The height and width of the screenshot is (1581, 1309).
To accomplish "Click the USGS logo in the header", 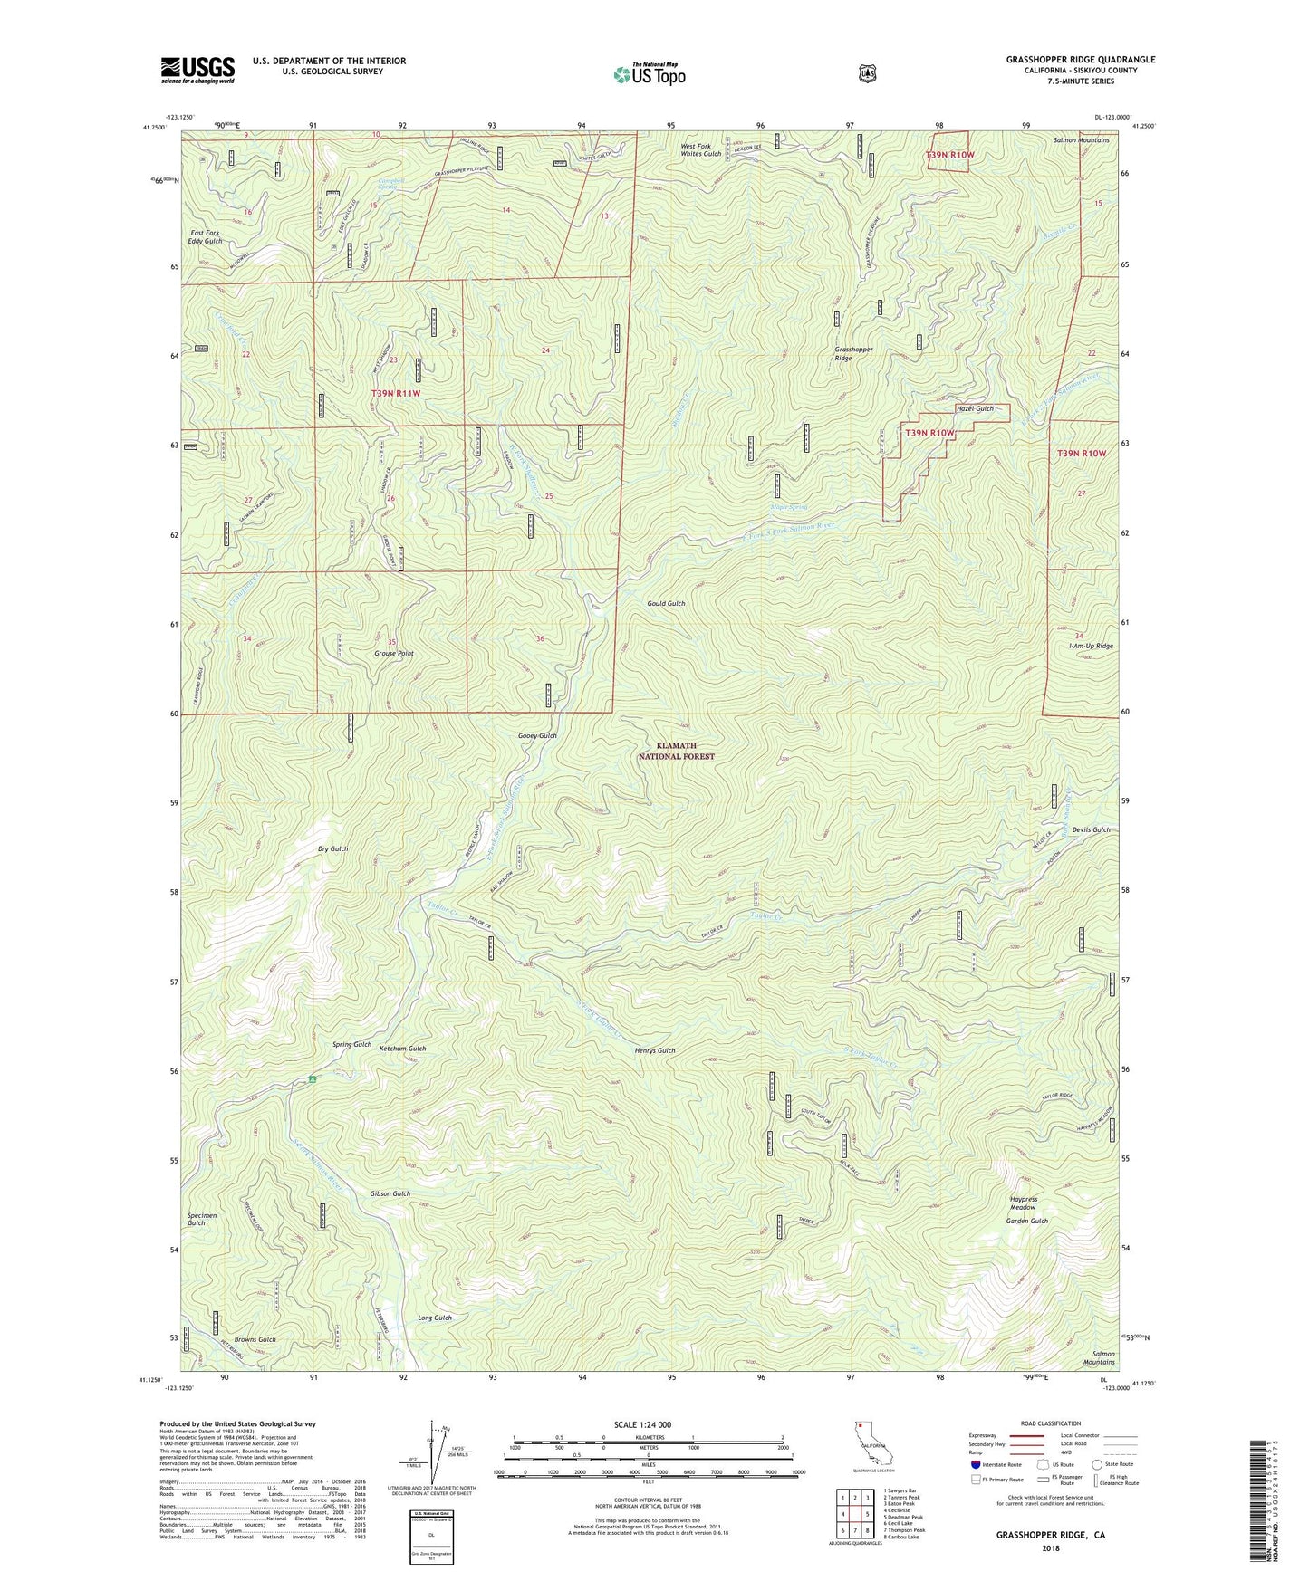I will point(197,70).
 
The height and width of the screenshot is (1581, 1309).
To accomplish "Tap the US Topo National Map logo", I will point(649,74).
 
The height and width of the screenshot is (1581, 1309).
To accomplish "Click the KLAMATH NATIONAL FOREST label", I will point(677,751).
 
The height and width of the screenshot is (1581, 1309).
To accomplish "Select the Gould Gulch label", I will point(666,603).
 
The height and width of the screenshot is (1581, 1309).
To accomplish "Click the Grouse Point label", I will point(394,653).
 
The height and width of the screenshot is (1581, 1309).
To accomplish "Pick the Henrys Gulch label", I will point(655,1051).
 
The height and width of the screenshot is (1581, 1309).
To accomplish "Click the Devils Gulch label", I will point(1090,830).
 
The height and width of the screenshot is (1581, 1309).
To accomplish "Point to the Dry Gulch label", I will point(333,848).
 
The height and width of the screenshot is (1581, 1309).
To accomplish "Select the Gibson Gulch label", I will point(390,1193).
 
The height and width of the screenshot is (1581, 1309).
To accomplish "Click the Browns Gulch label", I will point(255,1338).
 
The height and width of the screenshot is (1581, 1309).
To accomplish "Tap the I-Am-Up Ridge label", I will point(1091,646).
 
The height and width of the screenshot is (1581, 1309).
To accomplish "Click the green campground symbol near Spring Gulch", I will point(312,1078).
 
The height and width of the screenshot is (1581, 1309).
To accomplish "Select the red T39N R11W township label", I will point(395,394).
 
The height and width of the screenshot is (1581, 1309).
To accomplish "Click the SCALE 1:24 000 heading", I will point(642,1424).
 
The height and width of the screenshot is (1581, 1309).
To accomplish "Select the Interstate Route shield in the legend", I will point(975,1464).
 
